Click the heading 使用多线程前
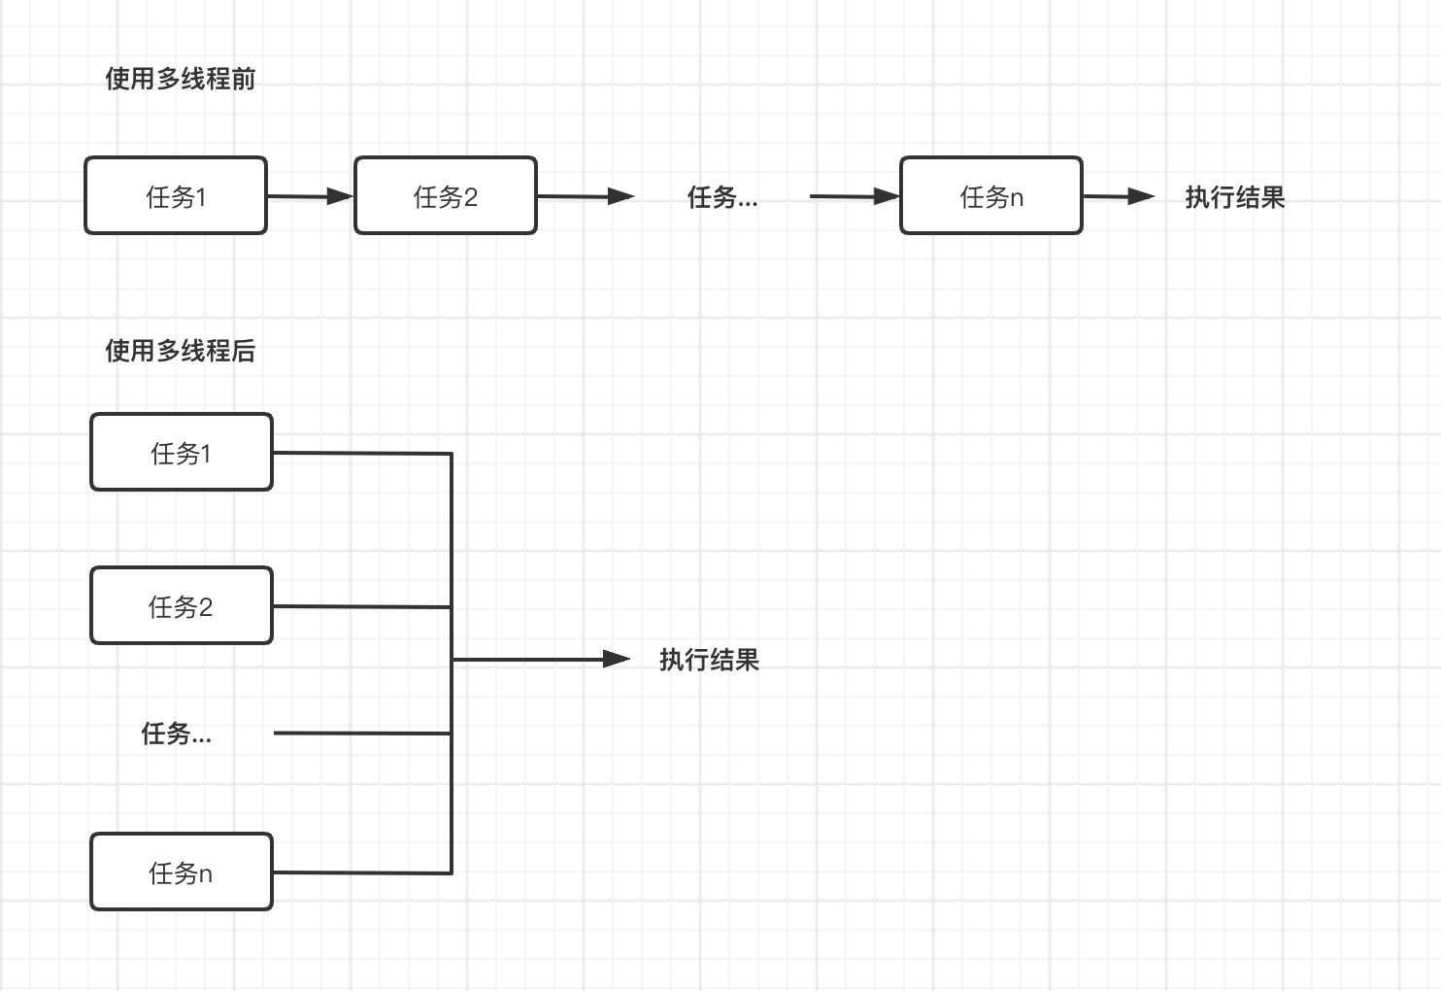[x=180, y=79]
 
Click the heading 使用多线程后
[x=180, y=351]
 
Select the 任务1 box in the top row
[x=176, y=196]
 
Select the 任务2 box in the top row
[x=446, y=196]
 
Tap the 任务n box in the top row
[x=991, y=196]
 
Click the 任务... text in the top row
[x=722, y=197]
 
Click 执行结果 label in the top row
[x=1234, y=197]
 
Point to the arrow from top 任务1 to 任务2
[x=310, y=196]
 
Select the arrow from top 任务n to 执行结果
[x=1118, y=196]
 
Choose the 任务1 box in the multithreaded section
[x=182, y=453]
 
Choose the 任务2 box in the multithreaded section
[x=182, y=606]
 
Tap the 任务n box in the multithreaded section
[x=182, y=872]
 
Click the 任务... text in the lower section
[x=176, y=734]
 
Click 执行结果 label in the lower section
[x=709, y=660]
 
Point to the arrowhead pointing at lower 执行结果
[x=617, y=659]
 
